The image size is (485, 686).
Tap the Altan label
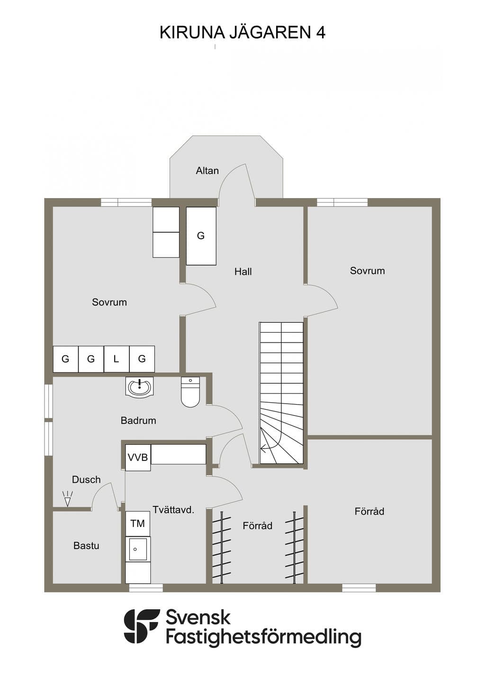(207, 171)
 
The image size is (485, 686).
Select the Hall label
(243, 271)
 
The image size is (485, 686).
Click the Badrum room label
(138, 420)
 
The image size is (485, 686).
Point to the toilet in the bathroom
(190, 392)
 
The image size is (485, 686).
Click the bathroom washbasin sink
(140, 387)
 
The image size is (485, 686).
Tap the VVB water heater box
(138, 458)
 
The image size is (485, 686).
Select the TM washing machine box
(138, 524)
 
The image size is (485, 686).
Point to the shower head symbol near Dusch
(68, 498)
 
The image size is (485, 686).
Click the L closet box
(117, 359)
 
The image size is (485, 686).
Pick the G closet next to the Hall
(201, 236)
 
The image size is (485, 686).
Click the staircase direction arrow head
(262, 449)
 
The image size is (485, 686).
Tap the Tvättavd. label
(174, 510)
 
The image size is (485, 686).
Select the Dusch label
(86, 479)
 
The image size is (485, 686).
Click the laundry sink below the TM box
(138, 549)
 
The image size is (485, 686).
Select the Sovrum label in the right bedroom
(368, 271)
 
